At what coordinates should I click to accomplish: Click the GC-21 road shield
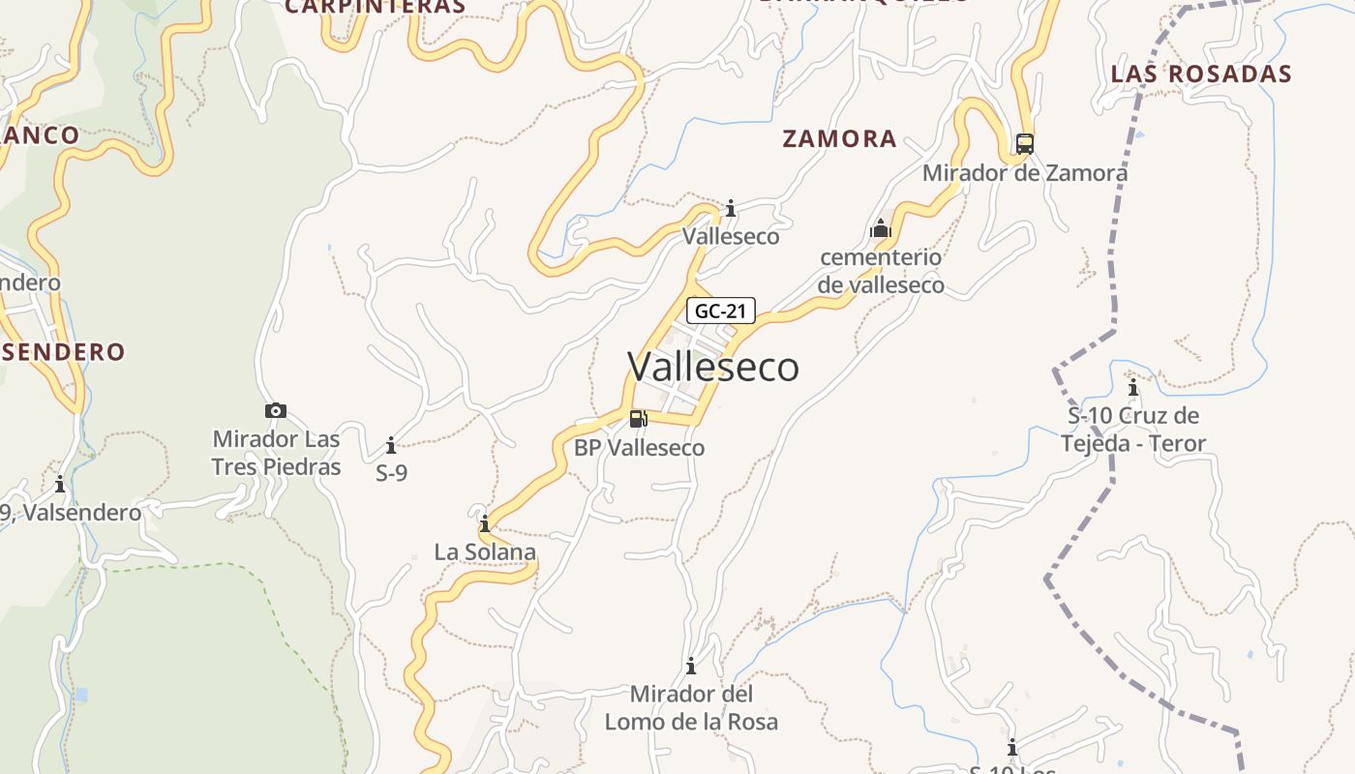(x=720, y=311)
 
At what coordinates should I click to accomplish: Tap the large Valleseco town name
(x=713, y=367)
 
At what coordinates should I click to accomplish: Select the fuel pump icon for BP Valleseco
(x=638, y=418)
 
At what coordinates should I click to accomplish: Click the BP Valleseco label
(x=639, y=448)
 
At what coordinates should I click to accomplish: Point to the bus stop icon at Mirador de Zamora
(x=1024, y=144)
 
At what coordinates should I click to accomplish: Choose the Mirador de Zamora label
(x=1024, y=173)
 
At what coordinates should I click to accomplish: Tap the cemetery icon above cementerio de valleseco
(x=881, y=228)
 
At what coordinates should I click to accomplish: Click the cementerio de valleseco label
(x=881, y=271)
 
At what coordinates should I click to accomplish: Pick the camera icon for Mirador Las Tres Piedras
(x=276, y=410)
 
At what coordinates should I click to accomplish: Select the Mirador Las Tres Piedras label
(x=277, y=453)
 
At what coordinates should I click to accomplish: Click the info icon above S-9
(x=391, y=445)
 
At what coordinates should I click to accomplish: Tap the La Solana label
(x=485, y=552)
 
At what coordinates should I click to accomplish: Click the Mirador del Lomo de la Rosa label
(x=691, y=707)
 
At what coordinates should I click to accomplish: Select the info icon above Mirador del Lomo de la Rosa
(x=691, y=666)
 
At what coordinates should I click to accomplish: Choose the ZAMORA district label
(x=839, y=138)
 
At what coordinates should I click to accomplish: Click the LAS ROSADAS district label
(x=1201, y=74)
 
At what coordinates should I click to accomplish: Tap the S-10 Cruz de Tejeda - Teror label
(x=1133, y=430)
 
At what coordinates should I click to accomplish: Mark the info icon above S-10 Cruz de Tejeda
(x=1133, y=388)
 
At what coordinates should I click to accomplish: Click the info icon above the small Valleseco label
(x=731, y=208)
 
